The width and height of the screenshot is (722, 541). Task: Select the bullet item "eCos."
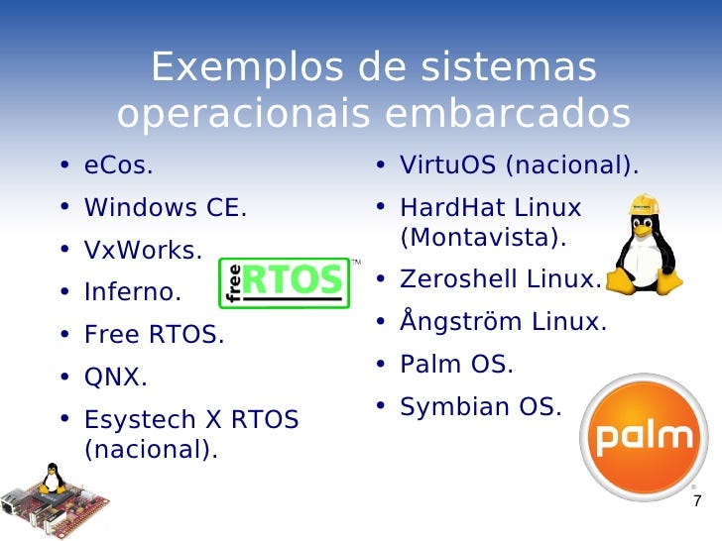(119, 164)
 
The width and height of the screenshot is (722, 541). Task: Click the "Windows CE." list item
(165, 208)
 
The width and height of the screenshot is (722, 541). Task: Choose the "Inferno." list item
(133, 293)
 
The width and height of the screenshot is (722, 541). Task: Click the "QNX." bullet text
(115, 378)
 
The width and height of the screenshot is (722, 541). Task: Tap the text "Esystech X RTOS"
(191, 420)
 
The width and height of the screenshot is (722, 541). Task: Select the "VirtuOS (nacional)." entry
(519, 164)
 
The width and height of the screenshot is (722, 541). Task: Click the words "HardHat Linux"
(490, 208)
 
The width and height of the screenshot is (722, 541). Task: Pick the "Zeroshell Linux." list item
(500, 280)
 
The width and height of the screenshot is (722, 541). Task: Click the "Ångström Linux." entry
(502, 322)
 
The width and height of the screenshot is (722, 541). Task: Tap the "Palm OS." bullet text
(456, 364)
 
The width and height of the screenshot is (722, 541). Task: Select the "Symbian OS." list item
(480, 406)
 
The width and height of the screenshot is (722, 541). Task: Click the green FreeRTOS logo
(284, 282)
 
